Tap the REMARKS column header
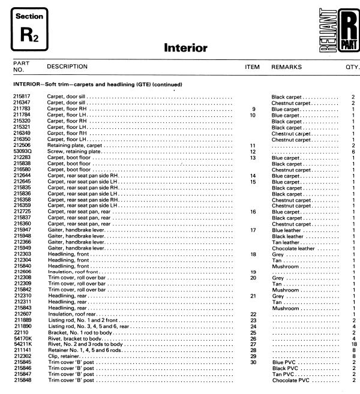[286, 67]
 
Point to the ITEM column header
[253, 67]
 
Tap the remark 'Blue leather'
[287, 230]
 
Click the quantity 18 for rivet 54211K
[353, 344]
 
